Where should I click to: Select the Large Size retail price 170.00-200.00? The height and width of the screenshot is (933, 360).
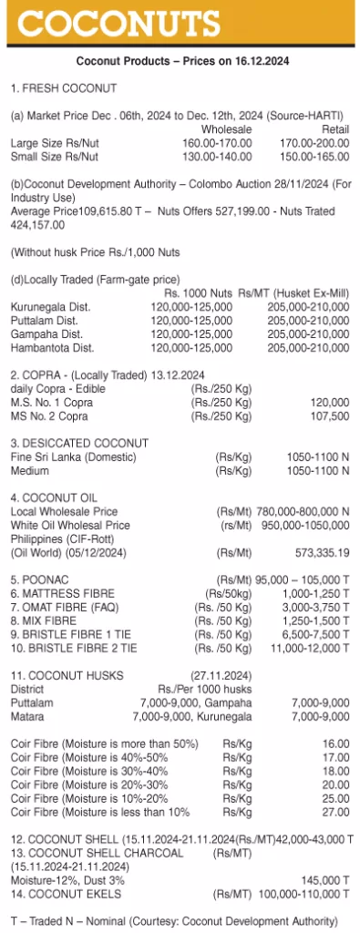pyautogui.click(x=315, y=142)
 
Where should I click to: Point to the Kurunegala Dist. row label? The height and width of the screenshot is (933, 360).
pyautogui.click(x=50, y=308)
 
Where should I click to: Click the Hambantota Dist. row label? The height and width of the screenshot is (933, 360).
pyautogui.click(x=52, y=347)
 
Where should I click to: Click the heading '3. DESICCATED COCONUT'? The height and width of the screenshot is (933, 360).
pyautogui.click(x=78, y=442)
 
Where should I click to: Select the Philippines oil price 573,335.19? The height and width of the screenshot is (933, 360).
pyautogui.click(x=317, y=552)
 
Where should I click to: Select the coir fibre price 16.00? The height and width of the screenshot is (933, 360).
pyautogui.click(x=335, y=744)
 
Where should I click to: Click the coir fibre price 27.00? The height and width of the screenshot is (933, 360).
pyautogui.click(x=335, y=812)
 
